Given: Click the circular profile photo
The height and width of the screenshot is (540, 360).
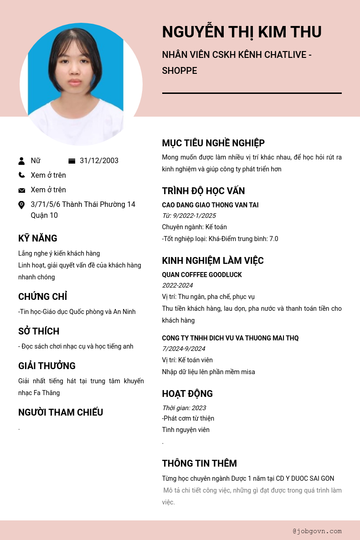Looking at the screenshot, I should click(81, 84).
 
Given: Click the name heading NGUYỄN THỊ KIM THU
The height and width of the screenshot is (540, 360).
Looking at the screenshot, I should click(242, 32).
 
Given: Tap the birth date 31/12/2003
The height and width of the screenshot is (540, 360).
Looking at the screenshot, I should click(99, 161).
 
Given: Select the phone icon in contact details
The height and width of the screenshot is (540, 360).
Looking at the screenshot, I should click(21, 175).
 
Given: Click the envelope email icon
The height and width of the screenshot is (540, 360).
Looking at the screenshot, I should click(21, 190).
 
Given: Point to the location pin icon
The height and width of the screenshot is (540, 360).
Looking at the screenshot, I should click(21, 205).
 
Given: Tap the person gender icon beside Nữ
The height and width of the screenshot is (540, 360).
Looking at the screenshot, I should click(21, 161).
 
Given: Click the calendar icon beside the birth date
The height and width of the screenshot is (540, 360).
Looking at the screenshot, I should click(72, 161).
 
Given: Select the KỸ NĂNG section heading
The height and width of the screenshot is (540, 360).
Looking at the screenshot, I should click(38, 238).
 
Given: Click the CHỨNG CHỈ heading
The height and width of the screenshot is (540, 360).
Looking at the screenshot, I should click(43, 297).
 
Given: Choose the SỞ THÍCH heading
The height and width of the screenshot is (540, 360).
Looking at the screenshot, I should click(39, 331).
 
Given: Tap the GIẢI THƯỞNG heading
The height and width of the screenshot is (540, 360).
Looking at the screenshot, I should click(47, 366).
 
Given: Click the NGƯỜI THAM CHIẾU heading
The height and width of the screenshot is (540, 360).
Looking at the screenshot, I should click(61, 412).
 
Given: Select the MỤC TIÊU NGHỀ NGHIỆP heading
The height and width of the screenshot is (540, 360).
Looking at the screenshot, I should click(213, 143).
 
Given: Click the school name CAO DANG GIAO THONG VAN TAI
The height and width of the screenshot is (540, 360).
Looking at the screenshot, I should click(210, 205).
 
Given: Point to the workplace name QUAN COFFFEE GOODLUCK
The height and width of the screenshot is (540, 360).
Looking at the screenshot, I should click(202, 275).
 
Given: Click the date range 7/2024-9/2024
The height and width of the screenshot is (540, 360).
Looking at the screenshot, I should click(184, 349).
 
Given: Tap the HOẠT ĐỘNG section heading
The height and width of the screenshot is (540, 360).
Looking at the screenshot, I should click(187, 394).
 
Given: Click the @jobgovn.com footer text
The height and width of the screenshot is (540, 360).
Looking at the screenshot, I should click(317, 531).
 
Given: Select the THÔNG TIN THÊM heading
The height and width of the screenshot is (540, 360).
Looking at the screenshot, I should click(199, 463).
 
